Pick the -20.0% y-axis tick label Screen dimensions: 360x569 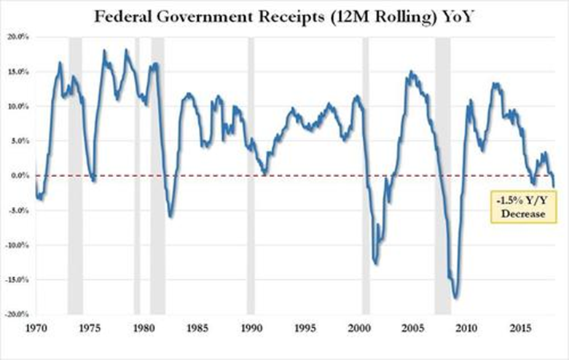pos(16,315)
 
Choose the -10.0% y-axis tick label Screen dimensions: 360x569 pos(16,246)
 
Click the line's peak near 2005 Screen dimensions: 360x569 pos(411,71)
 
